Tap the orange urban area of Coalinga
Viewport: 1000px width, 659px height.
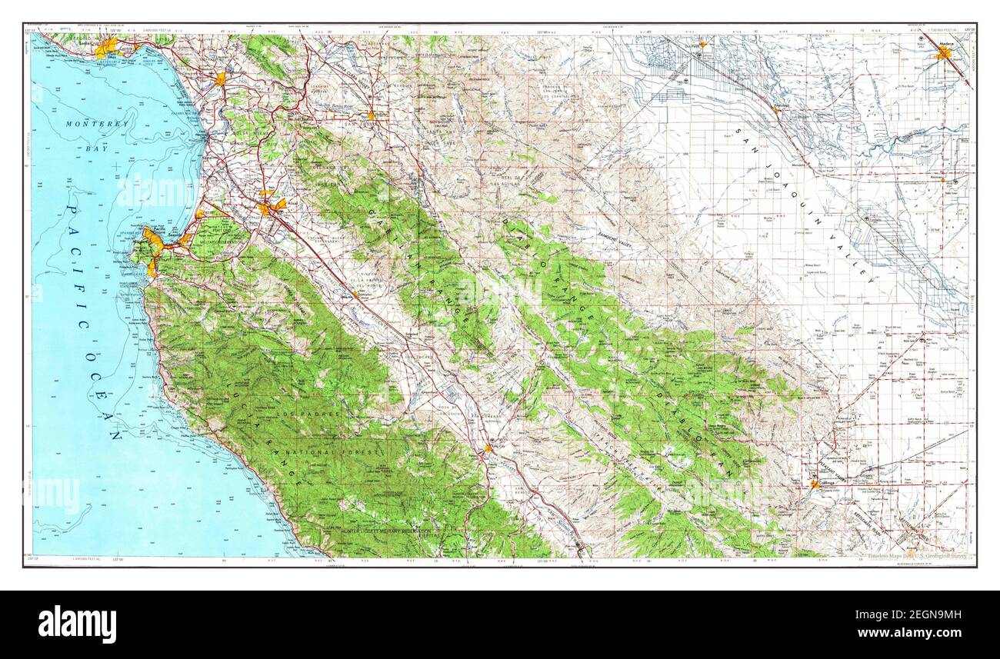pos(815,484)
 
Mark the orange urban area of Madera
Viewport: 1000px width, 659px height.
pos(943,54)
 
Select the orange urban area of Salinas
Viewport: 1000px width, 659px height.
pos(269,206)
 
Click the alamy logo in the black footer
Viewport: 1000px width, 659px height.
pos(77,624)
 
